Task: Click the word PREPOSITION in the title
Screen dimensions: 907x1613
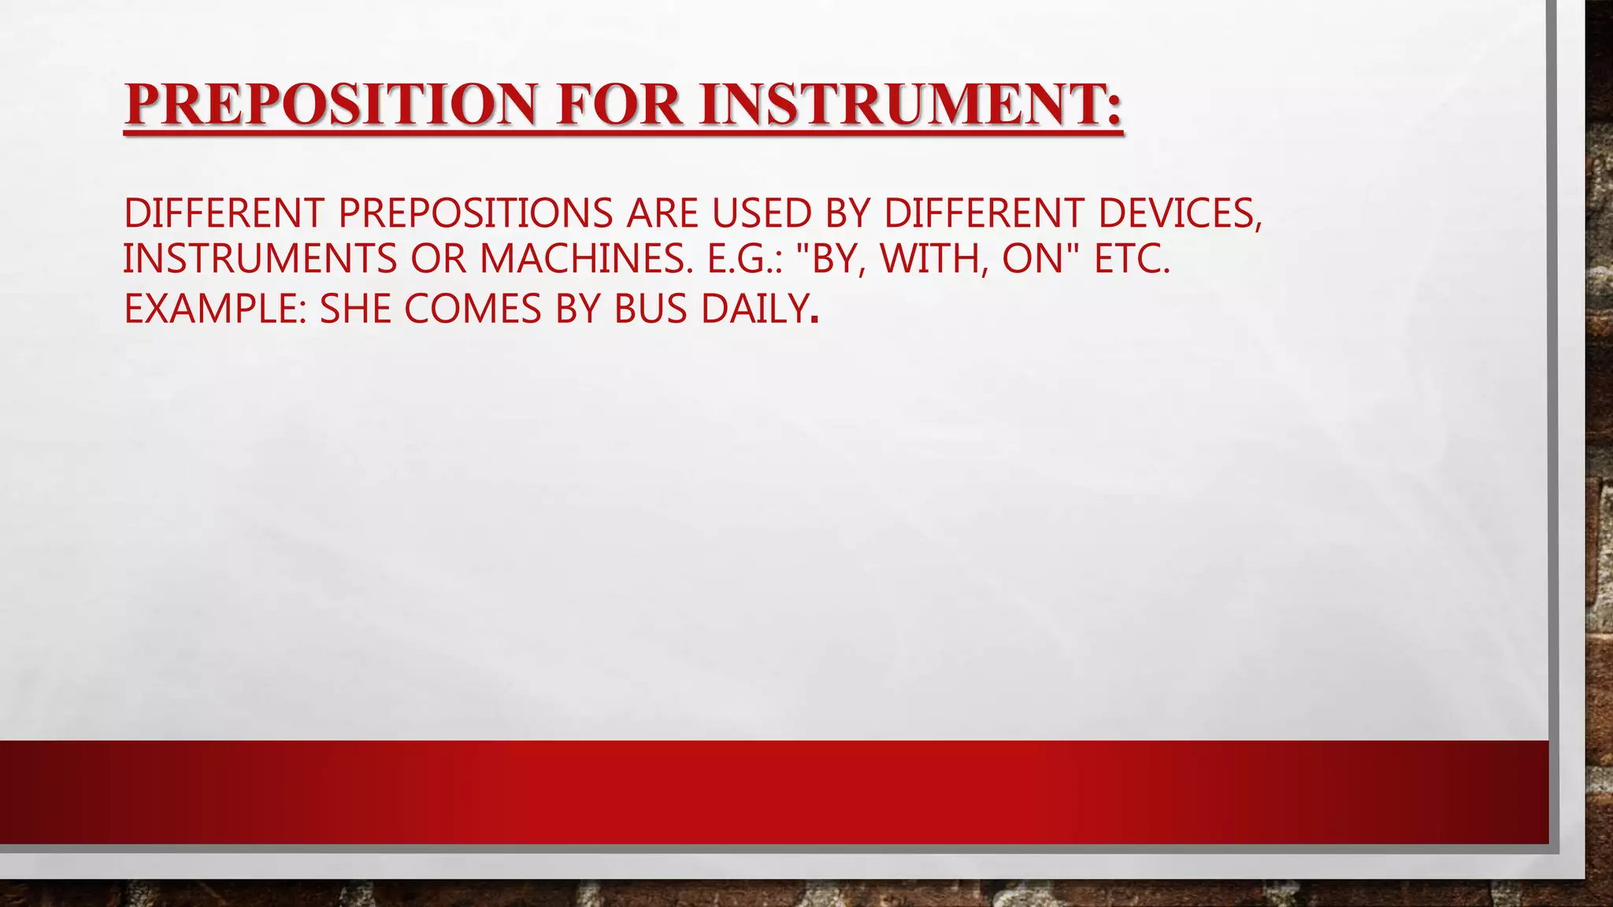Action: (330, 106)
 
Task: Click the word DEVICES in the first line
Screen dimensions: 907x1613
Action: (1178, 213)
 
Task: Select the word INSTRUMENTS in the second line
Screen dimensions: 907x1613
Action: (260, 259)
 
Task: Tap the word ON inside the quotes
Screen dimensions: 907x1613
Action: (1033, 259)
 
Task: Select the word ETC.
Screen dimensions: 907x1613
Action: (1132, 259)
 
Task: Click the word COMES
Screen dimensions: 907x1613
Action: (473, 309)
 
